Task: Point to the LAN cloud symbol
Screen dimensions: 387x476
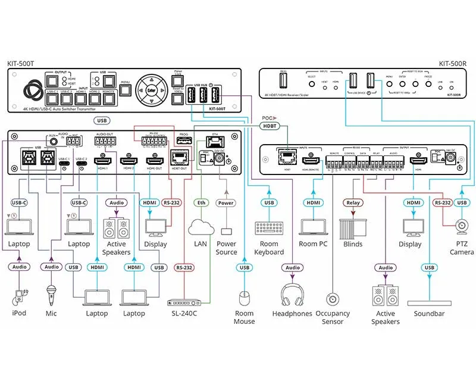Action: [x=201, y=227]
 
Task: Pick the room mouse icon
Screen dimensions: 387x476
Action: [x=244, y=297]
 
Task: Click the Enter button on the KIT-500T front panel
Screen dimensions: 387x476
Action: [x=151, y=90]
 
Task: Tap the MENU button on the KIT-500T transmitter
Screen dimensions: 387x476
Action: [x=125, y=90]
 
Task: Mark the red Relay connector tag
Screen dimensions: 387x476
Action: [x=353, y=203]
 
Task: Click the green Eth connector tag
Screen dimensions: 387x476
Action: [x=201, y=203]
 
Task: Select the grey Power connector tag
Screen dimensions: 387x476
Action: [x=226, y=203]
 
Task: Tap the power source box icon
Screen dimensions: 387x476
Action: [x=226, y=230]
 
